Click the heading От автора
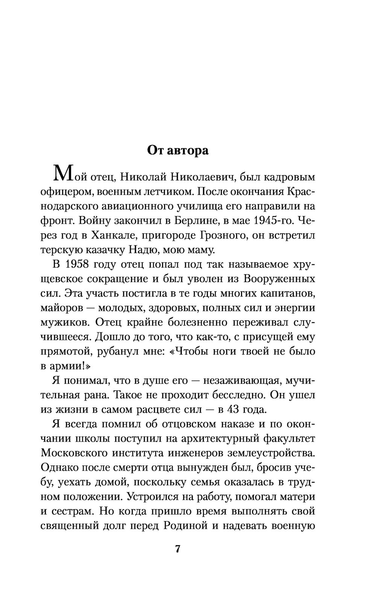coord(177,150)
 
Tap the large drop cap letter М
coord(62,174)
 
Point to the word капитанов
coord(285,293)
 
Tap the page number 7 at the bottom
coord(178,549)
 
